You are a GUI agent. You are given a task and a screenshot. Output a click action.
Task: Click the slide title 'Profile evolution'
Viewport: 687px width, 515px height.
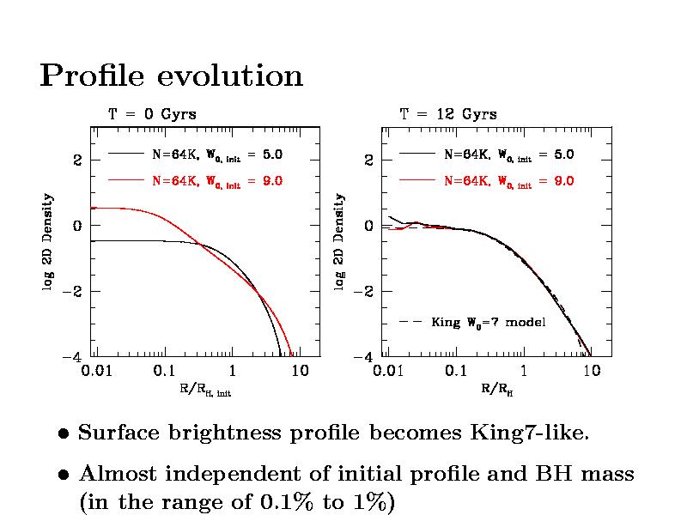coord(172,76)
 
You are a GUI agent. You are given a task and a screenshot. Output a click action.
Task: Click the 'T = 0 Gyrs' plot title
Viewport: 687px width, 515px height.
coord(151,114)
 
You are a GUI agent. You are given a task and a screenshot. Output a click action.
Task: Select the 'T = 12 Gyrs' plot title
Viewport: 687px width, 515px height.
coord(447,114)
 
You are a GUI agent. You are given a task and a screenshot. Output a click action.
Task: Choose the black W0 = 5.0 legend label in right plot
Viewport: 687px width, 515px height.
coord(508,155)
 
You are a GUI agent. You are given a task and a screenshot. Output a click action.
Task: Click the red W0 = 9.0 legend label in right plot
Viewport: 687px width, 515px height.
coord(508,181)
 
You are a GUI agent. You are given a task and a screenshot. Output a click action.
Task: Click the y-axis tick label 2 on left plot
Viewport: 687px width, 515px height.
coord(76,161)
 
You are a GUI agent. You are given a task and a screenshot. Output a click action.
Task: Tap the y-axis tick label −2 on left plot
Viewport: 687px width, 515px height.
coord(74,292)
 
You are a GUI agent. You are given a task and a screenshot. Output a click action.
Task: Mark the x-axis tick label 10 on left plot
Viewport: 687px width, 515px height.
coord(299,372)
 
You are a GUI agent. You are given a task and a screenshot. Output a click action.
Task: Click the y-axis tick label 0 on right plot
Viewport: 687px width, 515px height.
coord(368,227)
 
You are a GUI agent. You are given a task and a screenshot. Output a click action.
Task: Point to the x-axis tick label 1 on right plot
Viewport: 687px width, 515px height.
coord(524,372)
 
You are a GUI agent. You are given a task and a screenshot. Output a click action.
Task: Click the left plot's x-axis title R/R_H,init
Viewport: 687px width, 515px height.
coord(205,391)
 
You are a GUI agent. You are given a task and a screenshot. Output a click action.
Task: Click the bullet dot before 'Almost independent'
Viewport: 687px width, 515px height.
coord(64,475)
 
